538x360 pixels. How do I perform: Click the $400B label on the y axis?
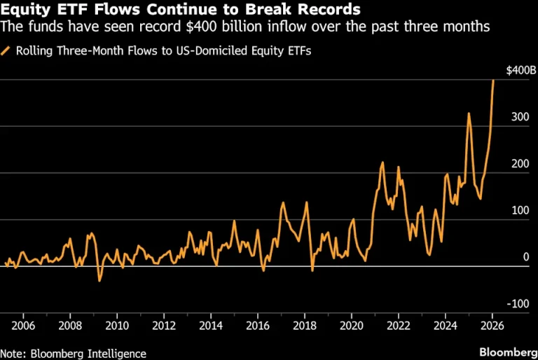(x=521, y=71)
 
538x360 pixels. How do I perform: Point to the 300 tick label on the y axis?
(x=520, y=117)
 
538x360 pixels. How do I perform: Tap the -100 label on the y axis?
(x=518, y=304)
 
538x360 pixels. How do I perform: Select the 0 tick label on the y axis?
(x=526, y=257)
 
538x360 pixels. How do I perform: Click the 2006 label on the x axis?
(x=23, y=326)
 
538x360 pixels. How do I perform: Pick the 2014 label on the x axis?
(x=211, y=326)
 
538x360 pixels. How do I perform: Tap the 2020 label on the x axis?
(x=352, y=326)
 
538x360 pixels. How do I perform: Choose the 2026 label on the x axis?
(x=492, y=326)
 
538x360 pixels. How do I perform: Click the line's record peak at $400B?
(x=493, y=81)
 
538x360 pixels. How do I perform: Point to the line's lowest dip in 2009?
(x=99, y=281)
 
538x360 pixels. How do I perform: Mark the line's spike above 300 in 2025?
(x=469, y=113)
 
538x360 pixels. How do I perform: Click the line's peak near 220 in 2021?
(x=382, y=162)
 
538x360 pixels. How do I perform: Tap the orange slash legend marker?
(x=6, y=51)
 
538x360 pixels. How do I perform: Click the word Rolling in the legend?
(x=34, y=51)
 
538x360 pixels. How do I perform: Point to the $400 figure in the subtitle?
(x=201, y=27)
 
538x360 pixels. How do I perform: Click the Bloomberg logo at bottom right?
(x=509, y=352)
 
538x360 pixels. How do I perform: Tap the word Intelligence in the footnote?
(x=117, y=354)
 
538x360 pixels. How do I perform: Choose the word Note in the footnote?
(x=13, y=354)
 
